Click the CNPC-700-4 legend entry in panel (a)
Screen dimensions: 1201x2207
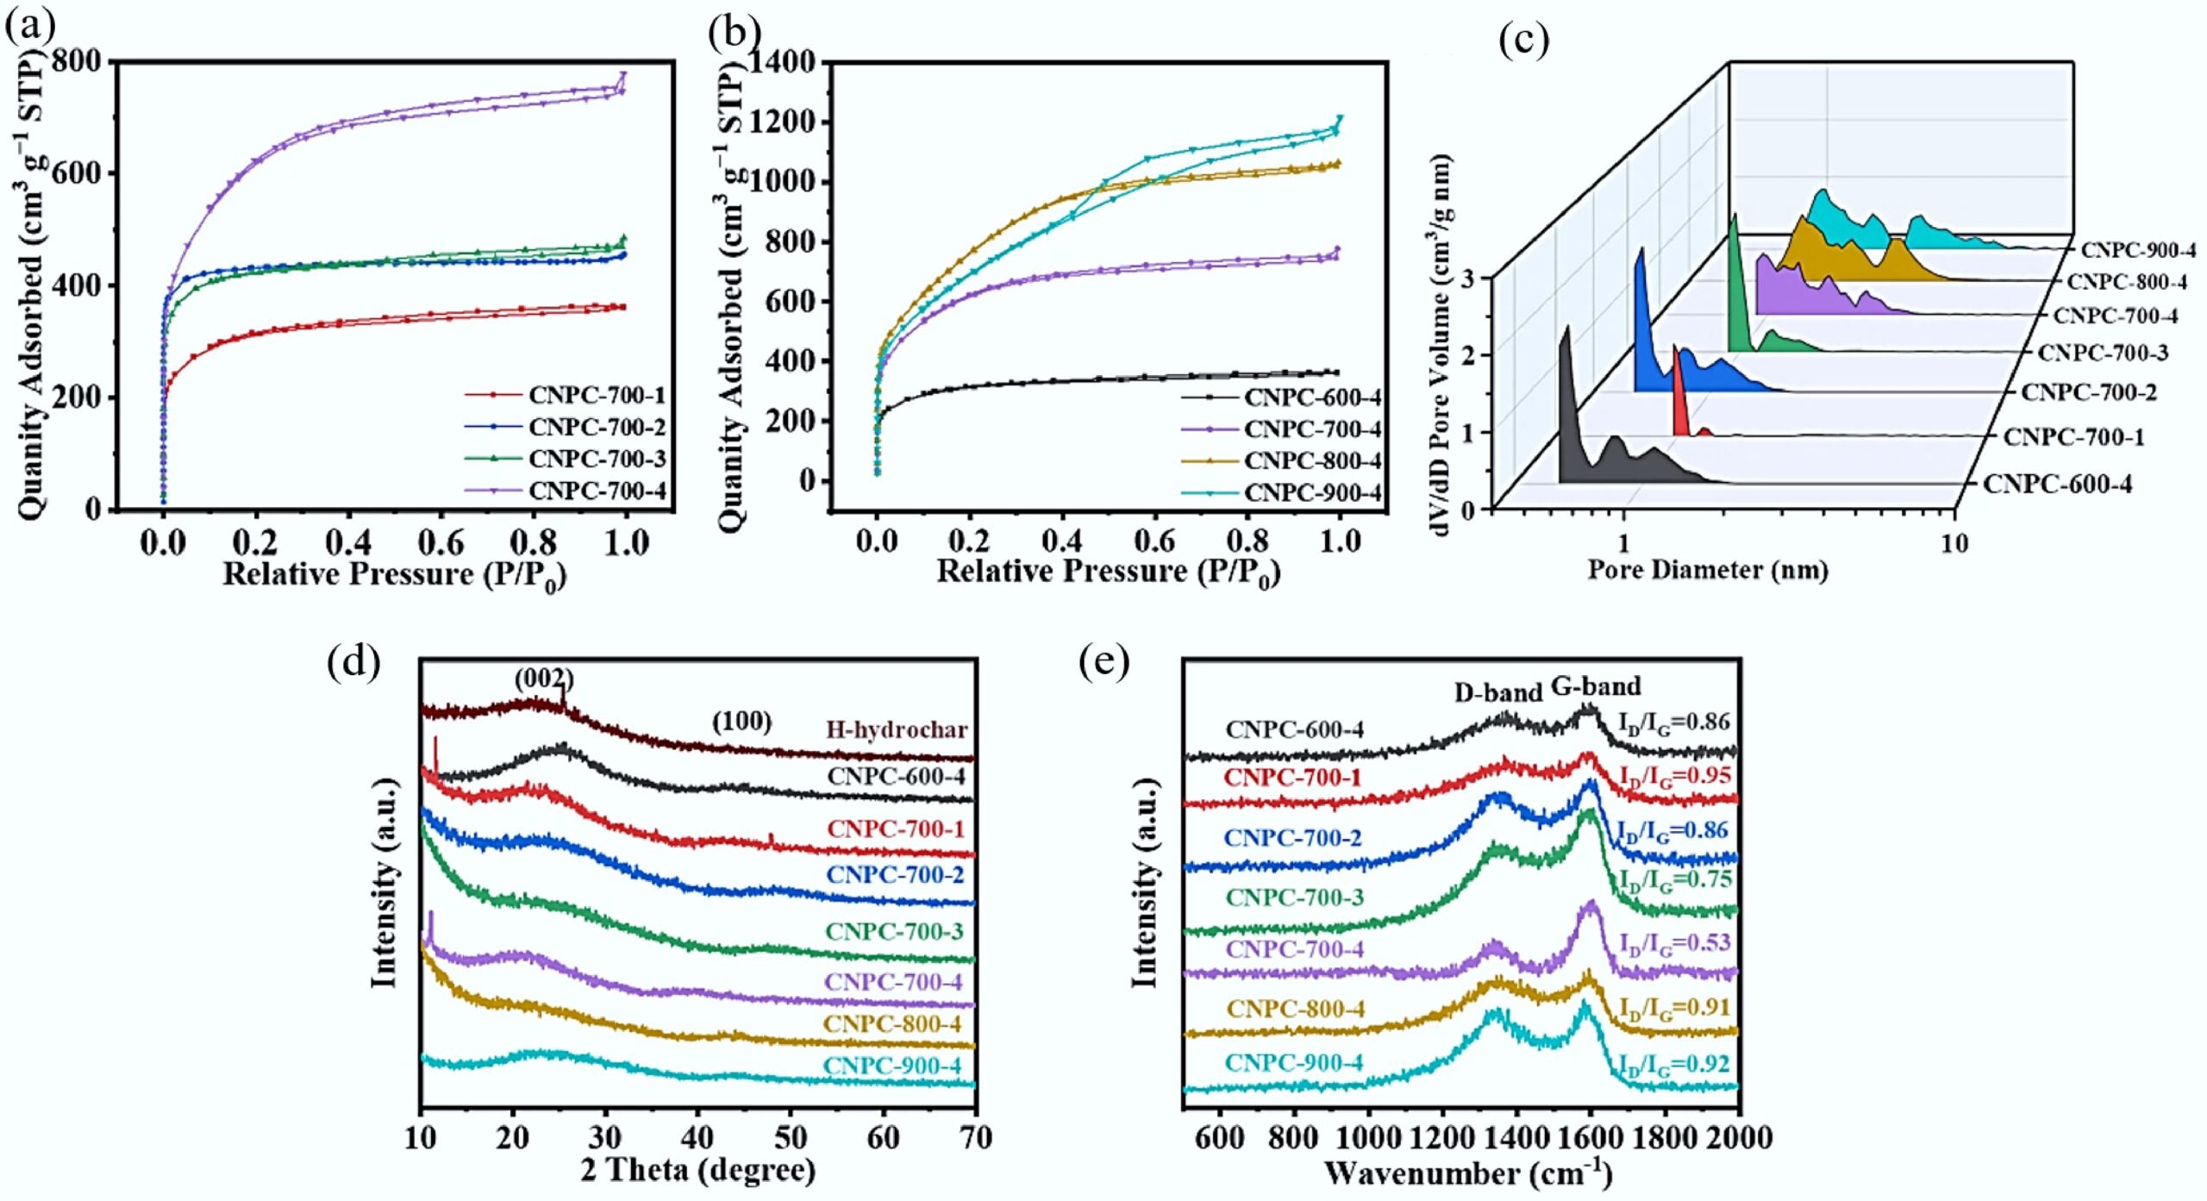[597, 491]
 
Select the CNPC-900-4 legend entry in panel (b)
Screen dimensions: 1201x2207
[1312, 492]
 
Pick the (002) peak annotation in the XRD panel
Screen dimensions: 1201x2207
[544, 679]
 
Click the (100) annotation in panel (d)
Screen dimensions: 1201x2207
[741, 721]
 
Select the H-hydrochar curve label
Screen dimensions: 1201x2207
[897, 729]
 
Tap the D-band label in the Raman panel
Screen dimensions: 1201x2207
[1497, 692]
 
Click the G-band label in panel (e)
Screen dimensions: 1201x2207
[1596, 686]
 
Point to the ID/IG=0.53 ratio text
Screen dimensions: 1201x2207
[1674, 943]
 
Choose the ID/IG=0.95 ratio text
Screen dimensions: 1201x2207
[1674, 776]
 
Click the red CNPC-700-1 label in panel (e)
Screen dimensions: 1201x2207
[1292, 778]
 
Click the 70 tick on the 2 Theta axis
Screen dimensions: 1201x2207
[975, 1138]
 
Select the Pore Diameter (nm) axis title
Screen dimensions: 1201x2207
[1708, 570]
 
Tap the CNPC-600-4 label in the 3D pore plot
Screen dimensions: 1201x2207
[2057, 485]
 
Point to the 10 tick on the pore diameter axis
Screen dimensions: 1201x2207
[1954, 544]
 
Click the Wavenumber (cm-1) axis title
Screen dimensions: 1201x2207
[1467, 1173]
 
